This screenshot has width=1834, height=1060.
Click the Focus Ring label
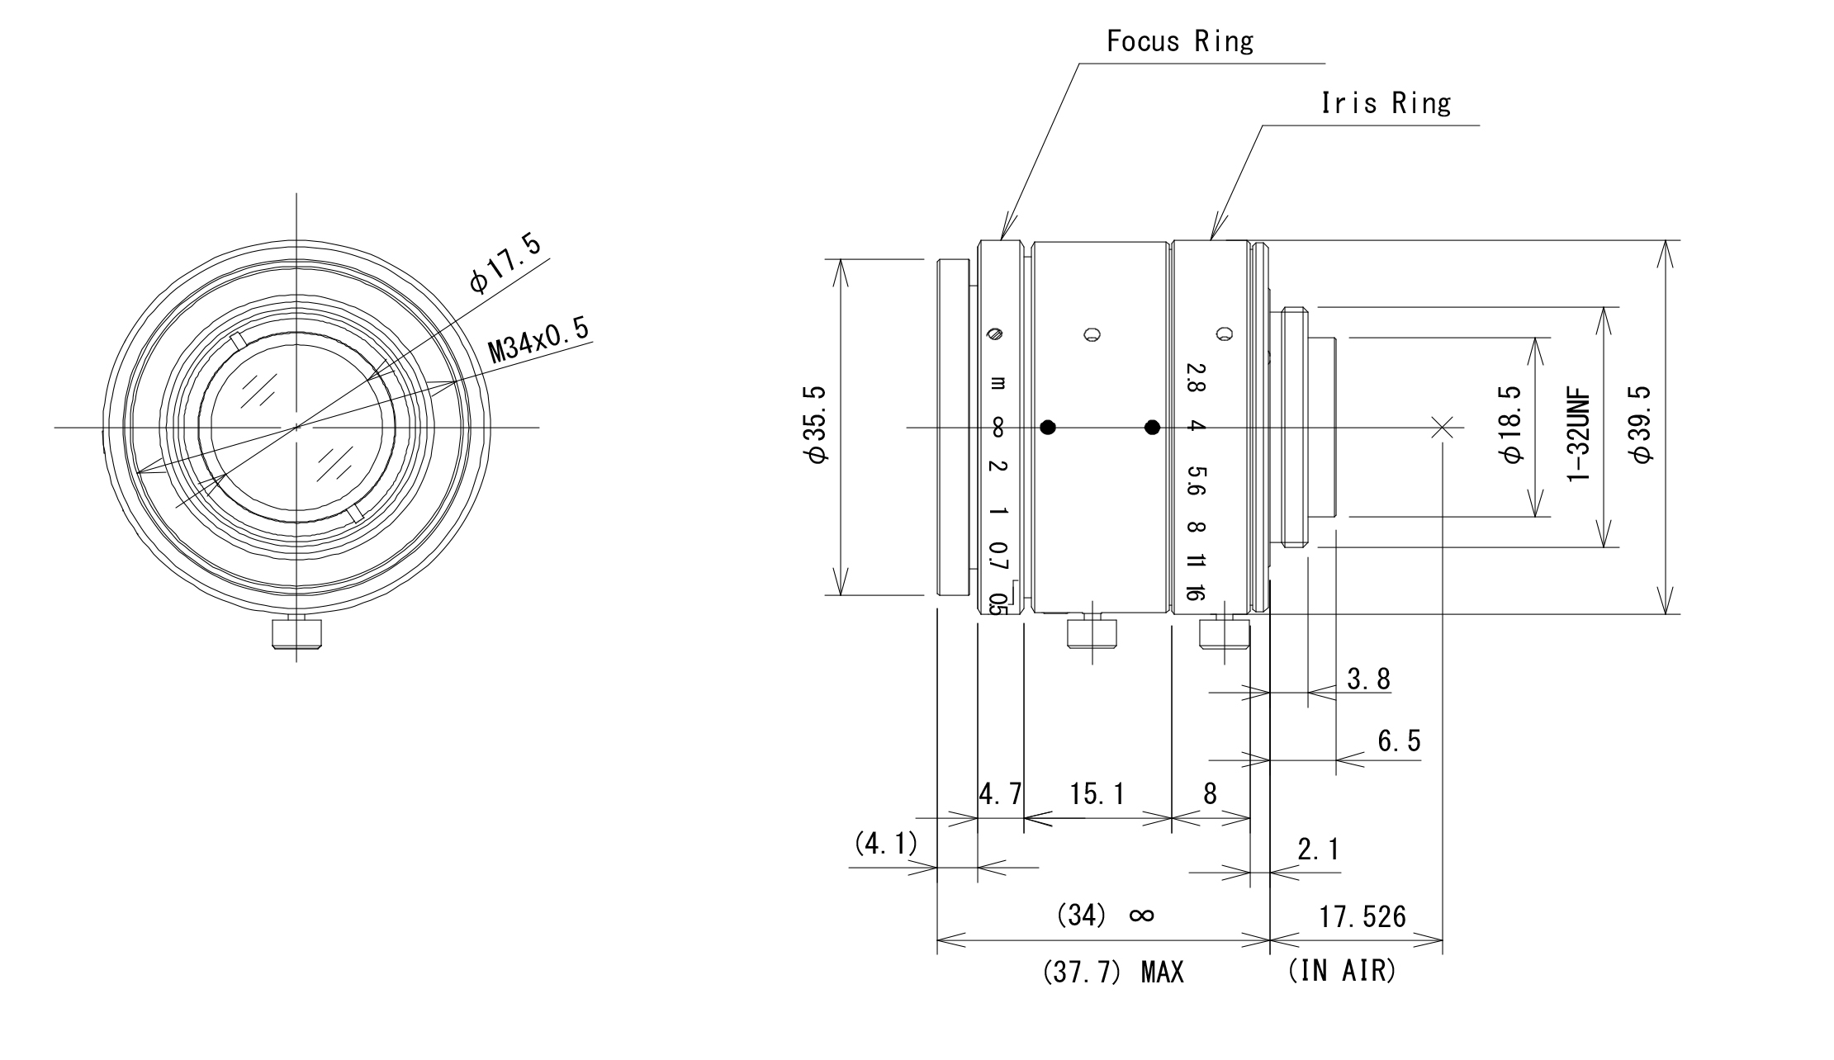click(1179, 41)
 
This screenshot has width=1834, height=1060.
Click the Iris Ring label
click(1386, 103)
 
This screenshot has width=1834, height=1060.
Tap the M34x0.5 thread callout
click(538, 340)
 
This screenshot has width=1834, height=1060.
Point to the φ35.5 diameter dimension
click(817, 424)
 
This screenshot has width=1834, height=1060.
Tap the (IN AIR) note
click(1341, 971)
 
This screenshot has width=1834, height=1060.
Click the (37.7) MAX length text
click(1113, 972)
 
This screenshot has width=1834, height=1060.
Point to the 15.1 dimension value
click(1097, 794)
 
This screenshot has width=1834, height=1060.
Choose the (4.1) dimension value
click(885, 844)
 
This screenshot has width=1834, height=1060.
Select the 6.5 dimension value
click(1399, 741)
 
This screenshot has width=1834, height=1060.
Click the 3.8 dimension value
click(1368, 679)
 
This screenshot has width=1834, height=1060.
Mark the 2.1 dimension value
click(1318, 849)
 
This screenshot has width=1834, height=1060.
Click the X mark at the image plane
click(1442, 427)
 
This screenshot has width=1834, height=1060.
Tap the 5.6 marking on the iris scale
click(1196, 480)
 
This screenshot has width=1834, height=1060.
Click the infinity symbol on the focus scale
click(998, 427)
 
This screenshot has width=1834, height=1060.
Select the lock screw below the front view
click(297, 633)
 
